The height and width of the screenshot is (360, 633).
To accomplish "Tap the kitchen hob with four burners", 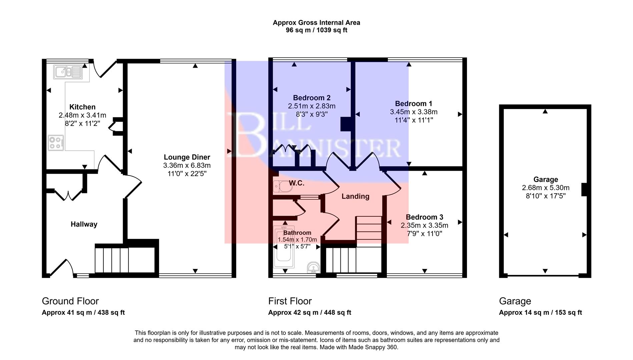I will tap(56, 143).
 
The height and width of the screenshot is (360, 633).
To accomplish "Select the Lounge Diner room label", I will tap(187, 157).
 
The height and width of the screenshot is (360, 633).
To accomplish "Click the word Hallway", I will tap(84, 224).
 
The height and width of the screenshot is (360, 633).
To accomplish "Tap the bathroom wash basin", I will tap(313, 267).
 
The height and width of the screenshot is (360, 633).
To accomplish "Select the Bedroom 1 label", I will tap(414, 104).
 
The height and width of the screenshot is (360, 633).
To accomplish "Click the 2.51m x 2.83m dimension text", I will tap(311, 106).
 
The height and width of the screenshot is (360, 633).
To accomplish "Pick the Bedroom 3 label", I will tap(424, 217).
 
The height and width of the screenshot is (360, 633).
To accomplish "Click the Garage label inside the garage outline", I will tap(545, 179).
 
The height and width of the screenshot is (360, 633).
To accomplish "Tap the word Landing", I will tap(355, 196).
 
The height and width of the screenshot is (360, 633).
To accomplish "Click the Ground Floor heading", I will tap(70, 301).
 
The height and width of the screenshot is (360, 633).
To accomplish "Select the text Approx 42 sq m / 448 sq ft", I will tap(309, 313).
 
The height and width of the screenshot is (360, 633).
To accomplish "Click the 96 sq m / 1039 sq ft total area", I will tap(316, 30).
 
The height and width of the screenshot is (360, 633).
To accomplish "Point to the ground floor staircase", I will tap(112, 260).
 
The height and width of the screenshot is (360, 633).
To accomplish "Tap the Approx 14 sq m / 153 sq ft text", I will tap(540, 313).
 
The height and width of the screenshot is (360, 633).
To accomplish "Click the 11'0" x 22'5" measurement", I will tap(187, 174).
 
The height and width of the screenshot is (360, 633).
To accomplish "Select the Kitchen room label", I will tap(82, 107).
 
